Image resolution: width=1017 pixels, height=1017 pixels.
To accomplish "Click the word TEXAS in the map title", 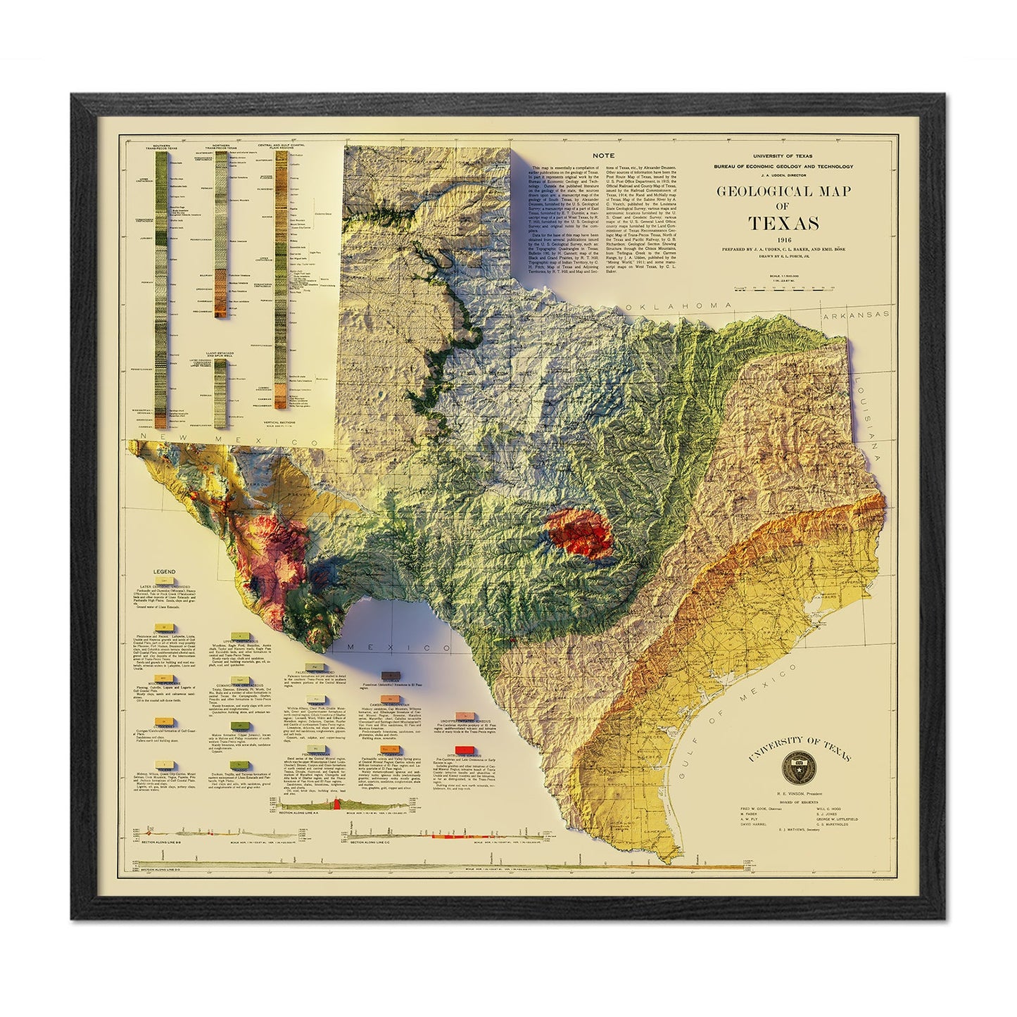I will tap(783, 224).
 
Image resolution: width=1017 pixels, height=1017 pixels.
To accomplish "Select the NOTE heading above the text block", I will tap(603, 155).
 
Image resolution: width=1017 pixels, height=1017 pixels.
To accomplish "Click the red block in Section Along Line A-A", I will tap(337, 804).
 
